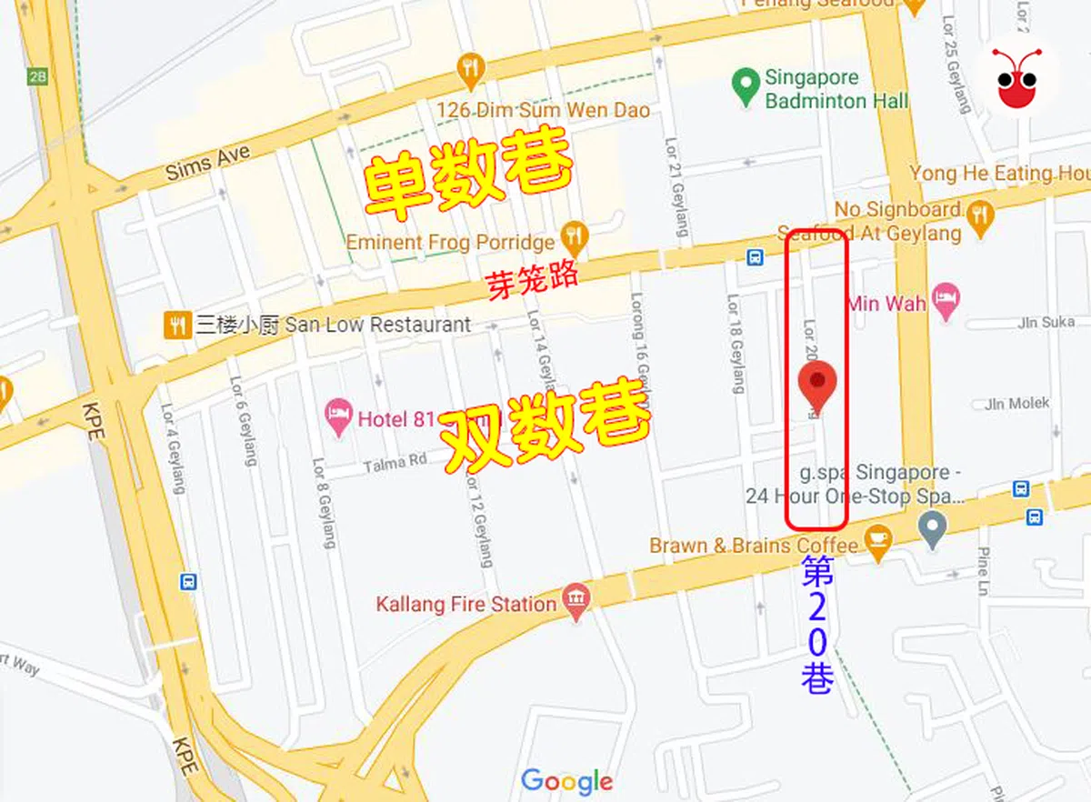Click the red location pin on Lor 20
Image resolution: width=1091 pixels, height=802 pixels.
pos(817,385)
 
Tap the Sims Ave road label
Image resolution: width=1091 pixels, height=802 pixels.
pos(207,165)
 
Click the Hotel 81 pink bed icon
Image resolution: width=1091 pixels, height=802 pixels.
pos(338,418)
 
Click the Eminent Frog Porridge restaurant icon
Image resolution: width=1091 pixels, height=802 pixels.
pos(575,240)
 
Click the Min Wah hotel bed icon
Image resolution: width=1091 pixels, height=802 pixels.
pos(946,301)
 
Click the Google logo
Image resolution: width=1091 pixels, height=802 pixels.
pos(566,781)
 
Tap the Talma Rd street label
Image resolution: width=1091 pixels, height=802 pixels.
pos(395,463)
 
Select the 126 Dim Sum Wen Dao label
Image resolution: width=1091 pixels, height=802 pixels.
pos(543,110)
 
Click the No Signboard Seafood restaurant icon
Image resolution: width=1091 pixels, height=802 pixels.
pos(979,216)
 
